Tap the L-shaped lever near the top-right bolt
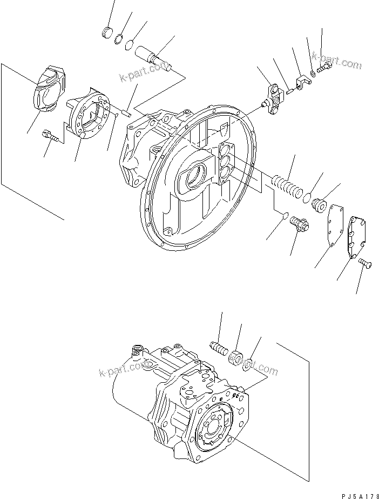tap(301, 83)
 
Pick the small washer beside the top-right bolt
tap(313, 73)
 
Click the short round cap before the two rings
tap(107, 32)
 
